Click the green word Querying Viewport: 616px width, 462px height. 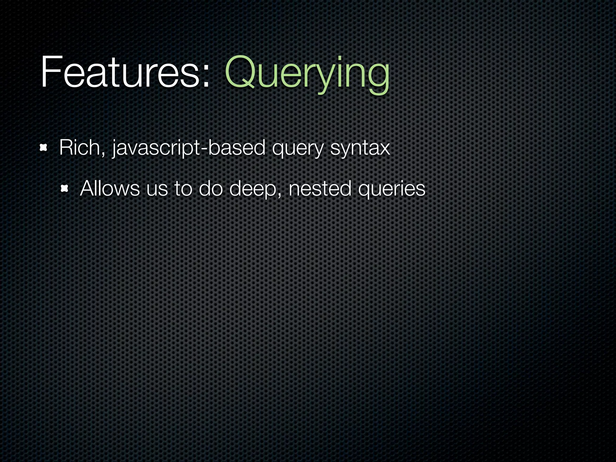pyautogui.click(x=307, y=74)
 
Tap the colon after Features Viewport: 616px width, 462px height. pyautogui.click(x=206, y=75)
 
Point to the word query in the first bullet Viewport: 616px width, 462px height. pyautogui.click(x=297, y=149)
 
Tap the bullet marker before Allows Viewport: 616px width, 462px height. pyautogui.click(x=64, y=189)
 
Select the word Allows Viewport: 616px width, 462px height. pyautogui.click(x=110, y=188)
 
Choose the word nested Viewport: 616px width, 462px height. pyautogui.click(x=320, y=189)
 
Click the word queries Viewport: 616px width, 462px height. pyautogui.click(x=392, y=189)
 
